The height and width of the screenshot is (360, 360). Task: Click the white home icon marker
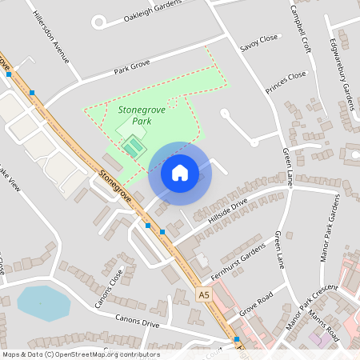[180, 172]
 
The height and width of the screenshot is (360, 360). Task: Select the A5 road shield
[203, 295]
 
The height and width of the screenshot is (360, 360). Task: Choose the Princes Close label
[286, 80]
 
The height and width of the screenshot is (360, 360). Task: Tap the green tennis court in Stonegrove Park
[132, 146]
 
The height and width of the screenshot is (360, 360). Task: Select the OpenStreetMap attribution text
[81, 354]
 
